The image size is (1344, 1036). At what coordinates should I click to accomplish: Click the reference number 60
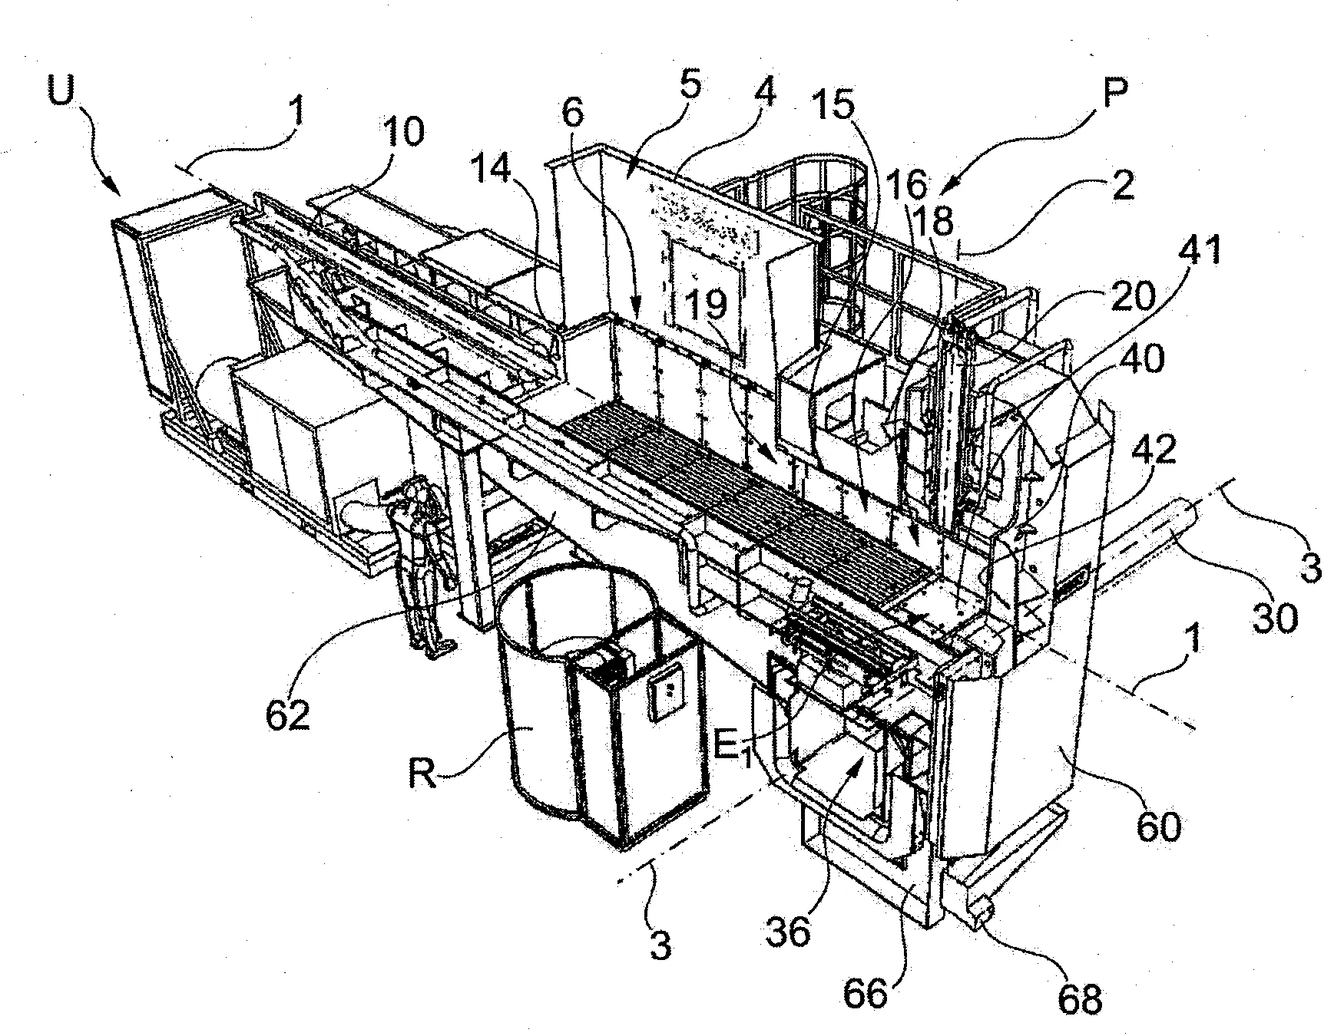1158,826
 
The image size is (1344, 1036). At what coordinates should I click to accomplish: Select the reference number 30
1274,617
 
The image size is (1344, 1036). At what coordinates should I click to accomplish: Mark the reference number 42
1157,450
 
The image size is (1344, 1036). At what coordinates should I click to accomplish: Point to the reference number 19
707,305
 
